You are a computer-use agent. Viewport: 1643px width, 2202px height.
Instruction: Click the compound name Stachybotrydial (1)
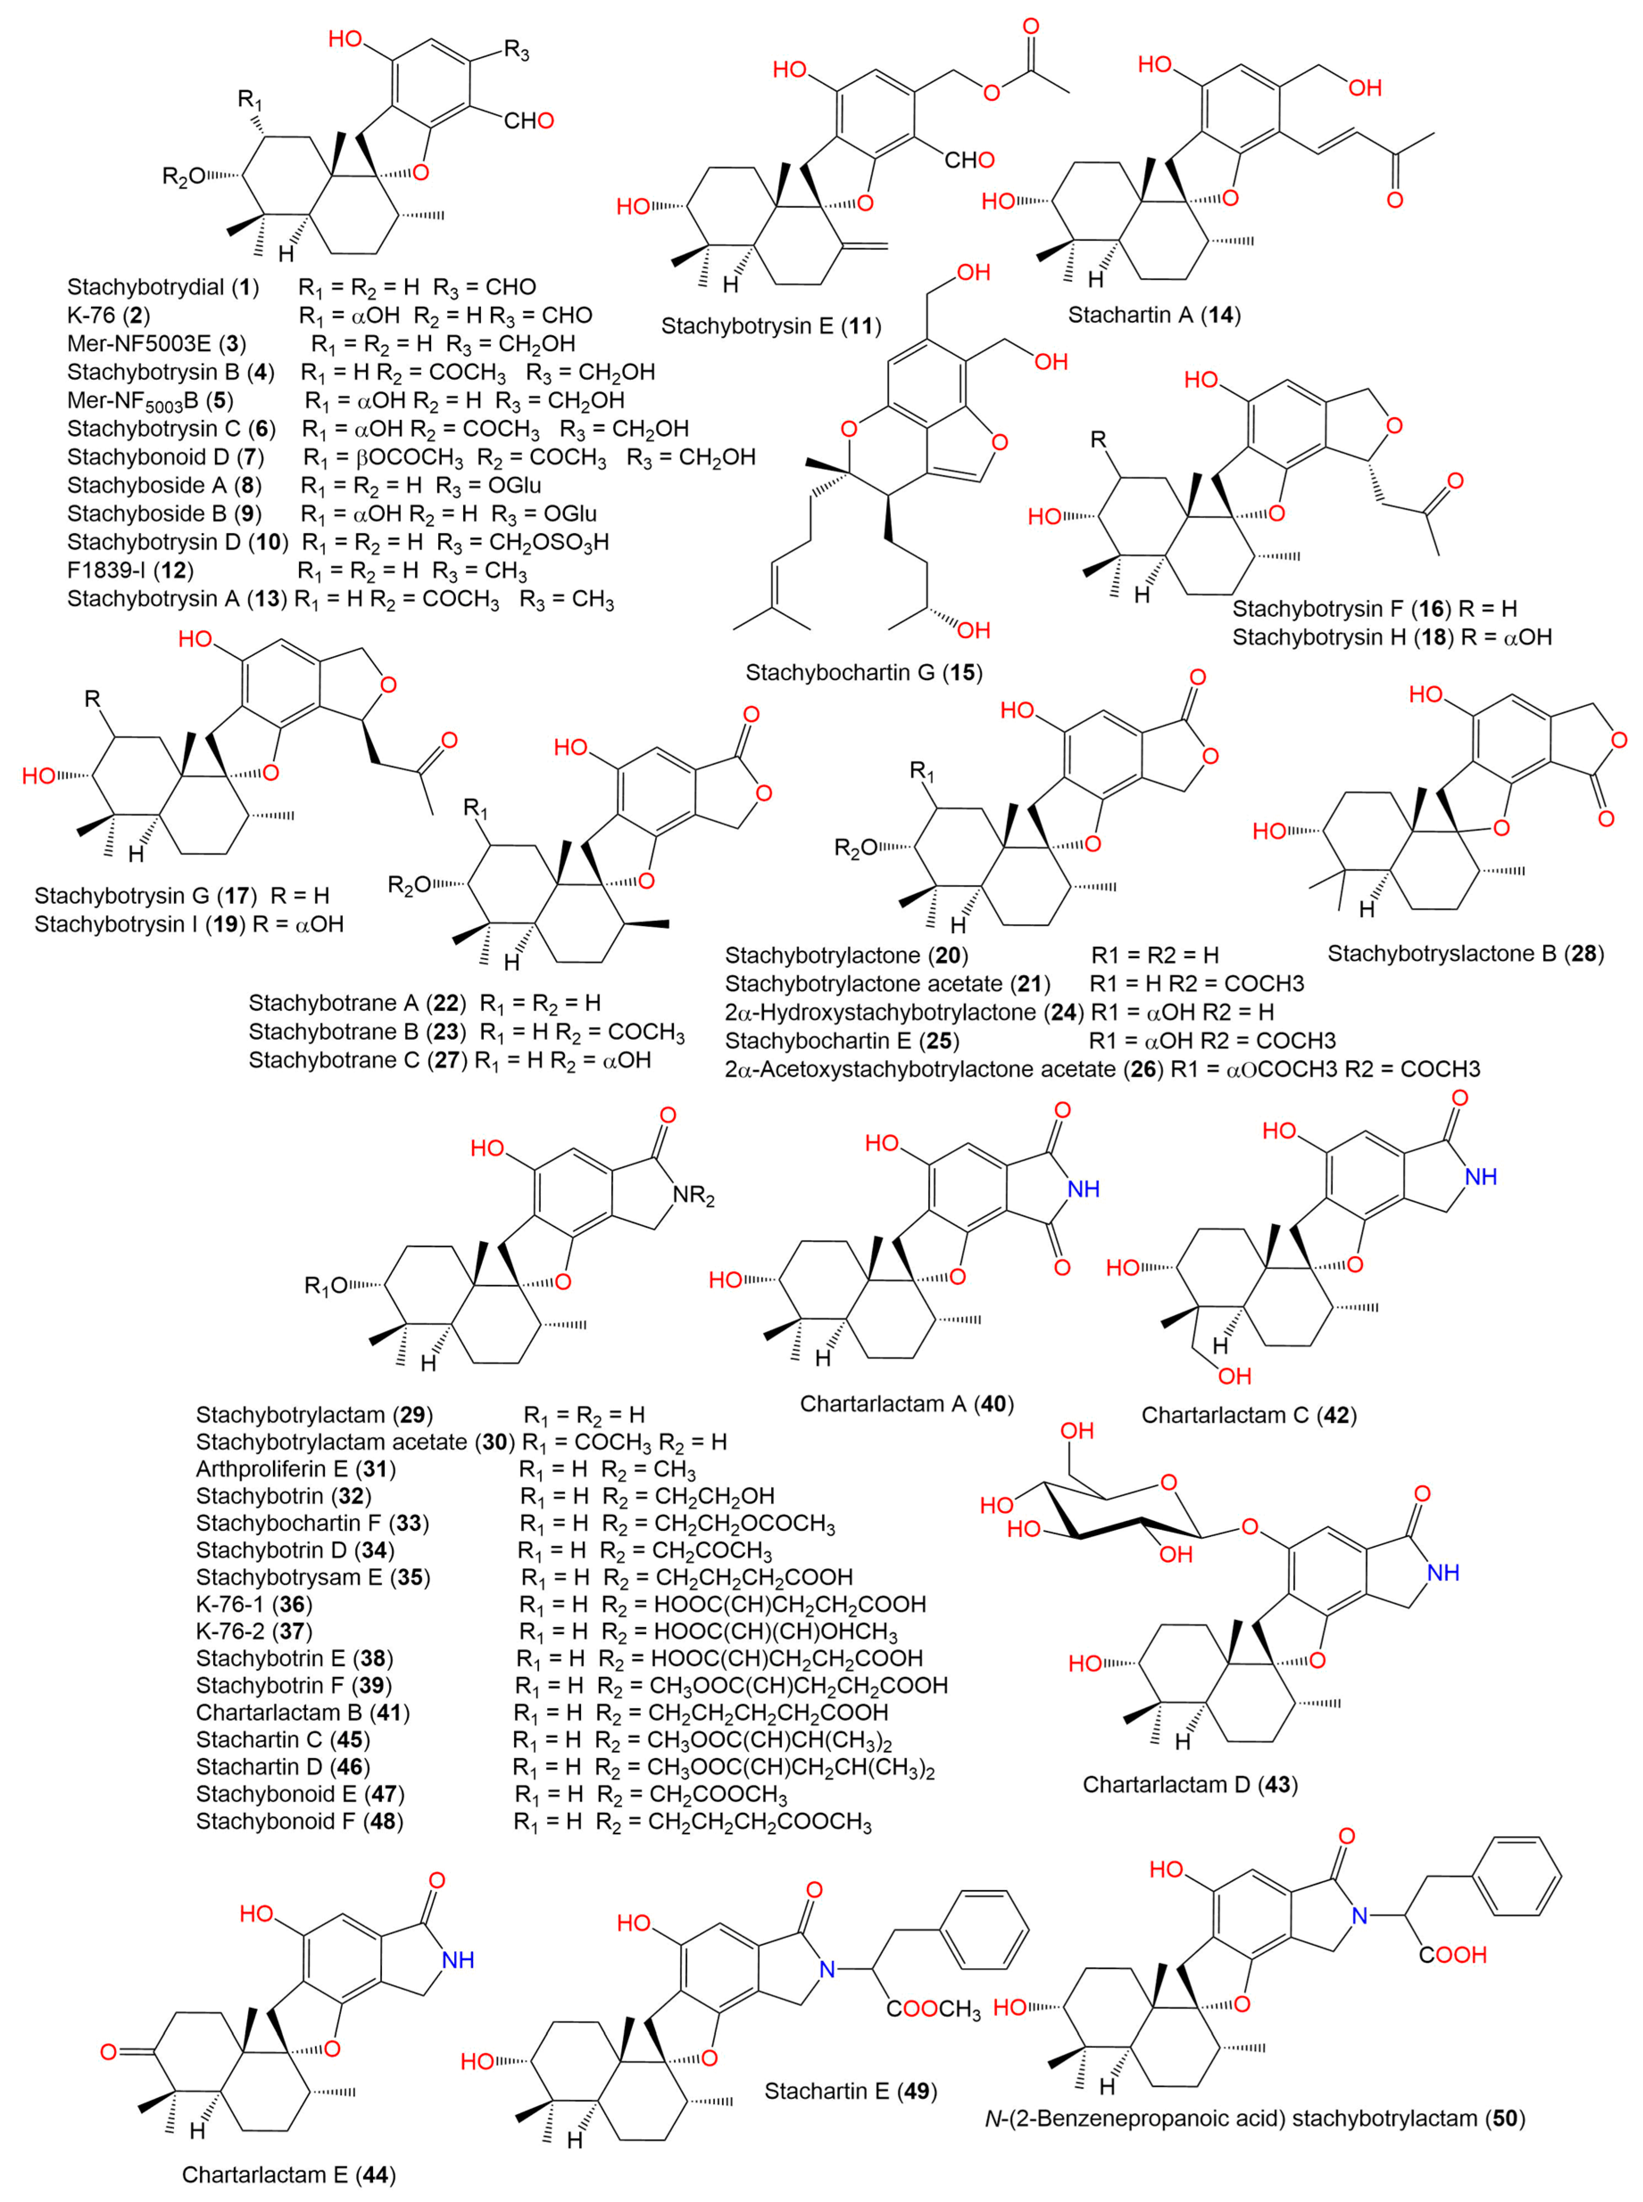pos(163,287)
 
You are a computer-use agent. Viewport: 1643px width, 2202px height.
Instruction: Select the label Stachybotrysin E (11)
pos(771,325)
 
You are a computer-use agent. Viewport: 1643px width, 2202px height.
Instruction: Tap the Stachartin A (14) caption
pos(1153,315)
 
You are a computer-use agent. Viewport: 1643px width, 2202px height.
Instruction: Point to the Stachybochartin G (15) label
pos(863,672)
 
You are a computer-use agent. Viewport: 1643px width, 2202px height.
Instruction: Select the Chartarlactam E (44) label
pos(288,2174)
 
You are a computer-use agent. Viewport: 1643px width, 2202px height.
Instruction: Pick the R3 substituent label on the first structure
pos(517,52)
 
